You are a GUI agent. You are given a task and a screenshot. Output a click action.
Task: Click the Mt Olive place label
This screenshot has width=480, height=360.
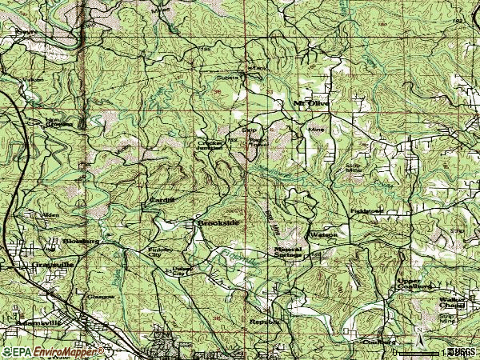click(311, 103)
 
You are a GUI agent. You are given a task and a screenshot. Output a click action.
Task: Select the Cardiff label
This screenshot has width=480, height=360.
click(156, 200)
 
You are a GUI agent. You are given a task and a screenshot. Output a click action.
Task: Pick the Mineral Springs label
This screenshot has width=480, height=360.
click(287, 253)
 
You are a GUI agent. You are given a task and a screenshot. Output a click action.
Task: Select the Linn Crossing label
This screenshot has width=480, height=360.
click(58, 123)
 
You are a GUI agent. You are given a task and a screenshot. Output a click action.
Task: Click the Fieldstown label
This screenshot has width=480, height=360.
click(367, 211)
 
